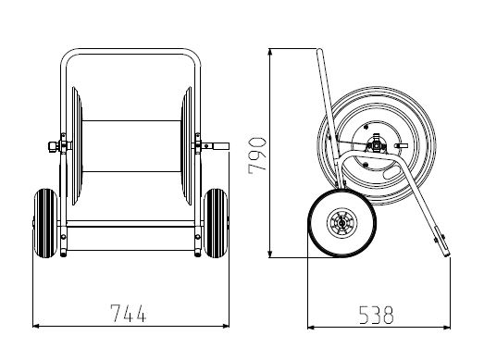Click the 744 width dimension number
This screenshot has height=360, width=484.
tap(128, 313)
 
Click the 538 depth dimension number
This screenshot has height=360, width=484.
tap(377, 315)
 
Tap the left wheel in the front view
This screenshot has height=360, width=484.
tap(45, 223)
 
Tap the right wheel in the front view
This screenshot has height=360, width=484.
tap(216, 223)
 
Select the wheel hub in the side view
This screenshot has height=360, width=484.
tap(341, 222)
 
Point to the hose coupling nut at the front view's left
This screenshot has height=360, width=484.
tap(53, 146)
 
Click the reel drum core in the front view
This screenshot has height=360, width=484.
tap(131, 146)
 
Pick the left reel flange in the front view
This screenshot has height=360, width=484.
tap(77, 146)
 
